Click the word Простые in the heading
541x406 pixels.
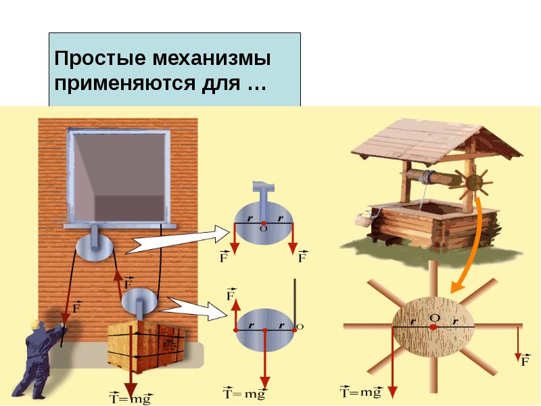click(x=100, y=59)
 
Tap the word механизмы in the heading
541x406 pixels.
click(x=211, y=58)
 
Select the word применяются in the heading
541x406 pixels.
click(x=123, y=83)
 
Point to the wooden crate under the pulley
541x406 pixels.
click(x=146, y=346)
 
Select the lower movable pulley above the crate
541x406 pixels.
click(x=139, y=301)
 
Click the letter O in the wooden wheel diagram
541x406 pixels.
click(x=435, y=317)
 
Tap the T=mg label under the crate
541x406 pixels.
click(x=131, y=398)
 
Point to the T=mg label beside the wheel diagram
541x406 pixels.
click(x=361, y=392)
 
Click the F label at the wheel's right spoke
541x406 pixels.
click(x=525, y=361)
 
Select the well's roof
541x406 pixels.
click(x=436, y=144)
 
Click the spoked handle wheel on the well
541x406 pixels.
click(x=473, y=183)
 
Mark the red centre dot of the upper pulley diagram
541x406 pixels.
click(x=264, y=223)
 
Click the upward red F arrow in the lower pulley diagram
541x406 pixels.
click(x=236, y=314)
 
